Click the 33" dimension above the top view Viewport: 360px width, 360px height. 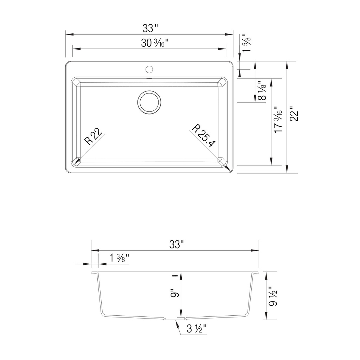click(150, 28)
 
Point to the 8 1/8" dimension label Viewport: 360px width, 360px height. click(262, 90)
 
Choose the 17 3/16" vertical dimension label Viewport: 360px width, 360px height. click(278, 120)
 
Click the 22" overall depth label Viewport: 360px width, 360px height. click(294, 114)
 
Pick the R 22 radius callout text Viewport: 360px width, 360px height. click(93, 136)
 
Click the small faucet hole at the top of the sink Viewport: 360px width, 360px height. click(149, 69)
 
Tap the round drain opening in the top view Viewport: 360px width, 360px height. click(149, 102)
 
